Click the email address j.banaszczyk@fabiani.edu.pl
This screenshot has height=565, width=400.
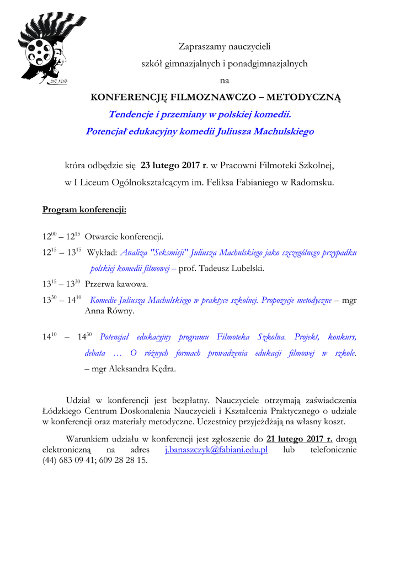click(x=216, y=450)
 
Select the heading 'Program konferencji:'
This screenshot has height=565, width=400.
click(x=84, y=210)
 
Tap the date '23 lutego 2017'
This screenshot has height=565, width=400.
click(x=171, y=165)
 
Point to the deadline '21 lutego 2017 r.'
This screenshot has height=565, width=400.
click(x=300, y=439)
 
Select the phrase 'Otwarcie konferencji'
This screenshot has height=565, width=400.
click(x=124, y=237)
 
